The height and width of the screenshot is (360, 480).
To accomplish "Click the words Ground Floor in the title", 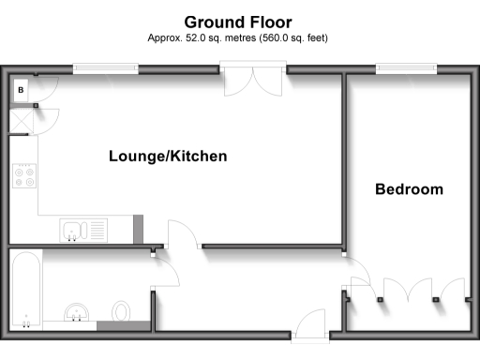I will pos(238,22).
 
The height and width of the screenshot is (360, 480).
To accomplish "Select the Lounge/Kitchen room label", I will pos(168,157).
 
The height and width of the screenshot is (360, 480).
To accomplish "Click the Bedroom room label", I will pos(409,189).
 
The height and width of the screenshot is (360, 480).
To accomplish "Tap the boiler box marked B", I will pos(21,90).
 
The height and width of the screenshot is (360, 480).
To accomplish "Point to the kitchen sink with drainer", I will pos(82,229).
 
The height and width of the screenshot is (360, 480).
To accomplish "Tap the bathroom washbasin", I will pos(74,313).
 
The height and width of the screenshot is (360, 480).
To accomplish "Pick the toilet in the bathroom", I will pos(121,311).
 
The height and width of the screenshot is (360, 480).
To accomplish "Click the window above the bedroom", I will pos(406,67).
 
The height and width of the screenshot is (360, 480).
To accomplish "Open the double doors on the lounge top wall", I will pos(253,81).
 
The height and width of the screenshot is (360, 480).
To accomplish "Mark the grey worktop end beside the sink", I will pos(139,228).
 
